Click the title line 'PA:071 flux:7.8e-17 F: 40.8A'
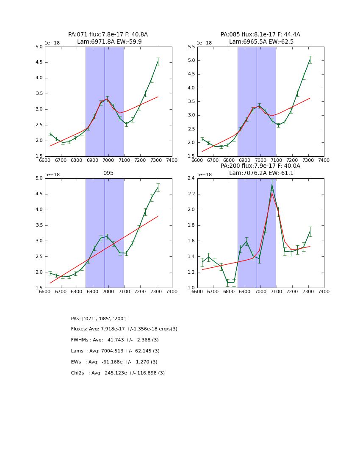point(108,35)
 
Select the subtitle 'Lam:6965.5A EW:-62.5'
point(261,42)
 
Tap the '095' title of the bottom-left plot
point(108,173)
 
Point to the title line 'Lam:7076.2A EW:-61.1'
point(261,173)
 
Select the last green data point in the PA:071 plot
point(158,61)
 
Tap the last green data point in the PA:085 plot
point(310,60)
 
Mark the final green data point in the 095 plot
point(158,188)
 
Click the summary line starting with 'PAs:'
point(99,319)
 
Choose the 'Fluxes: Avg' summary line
point(124,329)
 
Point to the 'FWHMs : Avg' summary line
point(115,340)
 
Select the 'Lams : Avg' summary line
point(115,351)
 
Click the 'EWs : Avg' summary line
point(114,362)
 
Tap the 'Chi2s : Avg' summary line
point(118,373)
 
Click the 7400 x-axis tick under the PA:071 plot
point(172,161)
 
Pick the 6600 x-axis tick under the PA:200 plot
point(197,292)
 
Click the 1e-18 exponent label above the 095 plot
point(53,175)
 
